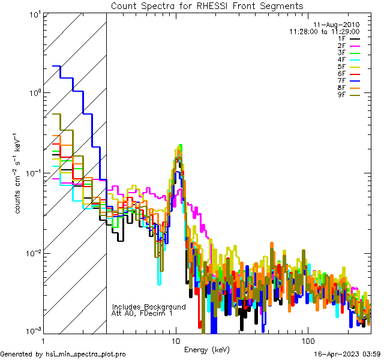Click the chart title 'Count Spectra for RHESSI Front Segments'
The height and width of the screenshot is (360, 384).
(207, 6)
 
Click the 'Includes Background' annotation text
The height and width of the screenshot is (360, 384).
(149, 307)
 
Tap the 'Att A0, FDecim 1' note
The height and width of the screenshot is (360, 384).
(142, 313)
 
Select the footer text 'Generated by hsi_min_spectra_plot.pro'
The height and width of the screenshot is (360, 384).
(64, 355)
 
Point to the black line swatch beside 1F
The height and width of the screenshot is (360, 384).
(356, 39)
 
